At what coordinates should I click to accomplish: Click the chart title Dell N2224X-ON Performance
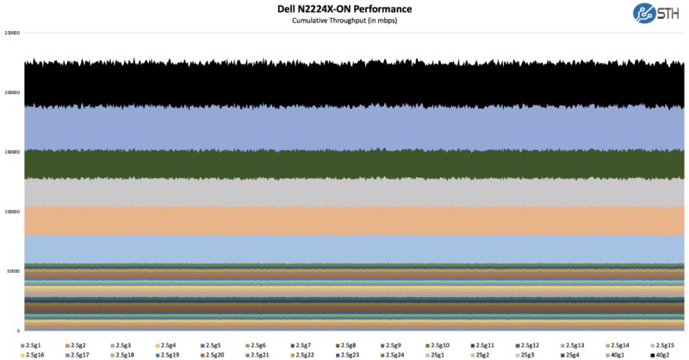click(344, 9)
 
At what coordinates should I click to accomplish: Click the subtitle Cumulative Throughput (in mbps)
click(344, 20)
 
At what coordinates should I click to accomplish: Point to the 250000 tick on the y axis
click(12, 34)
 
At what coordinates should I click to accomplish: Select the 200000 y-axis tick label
click(12, 93)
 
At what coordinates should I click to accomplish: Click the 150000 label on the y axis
click(12, 152)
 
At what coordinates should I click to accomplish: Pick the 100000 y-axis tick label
click(12, 212)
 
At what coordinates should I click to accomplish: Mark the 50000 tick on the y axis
click(14, 271)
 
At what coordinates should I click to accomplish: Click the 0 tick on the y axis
click(18, 331)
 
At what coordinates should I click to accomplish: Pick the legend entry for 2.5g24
click(396, 355)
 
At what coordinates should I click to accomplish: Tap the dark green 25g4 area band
click(344, 164)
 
